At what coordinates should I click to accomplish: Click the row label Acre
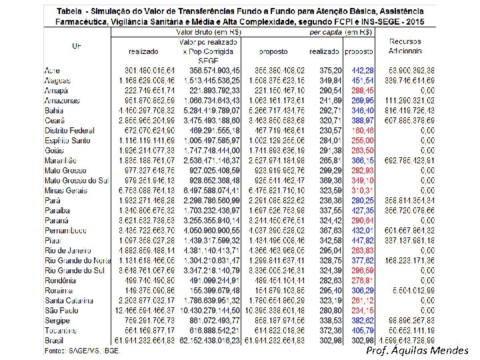(52, 70)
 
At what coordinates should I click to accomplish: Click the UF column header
(77, 45)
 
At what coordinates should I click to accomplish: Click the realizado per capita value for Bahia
(331, 110)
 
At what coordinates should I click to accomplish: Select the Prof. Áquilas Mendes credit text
(417, 351)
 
